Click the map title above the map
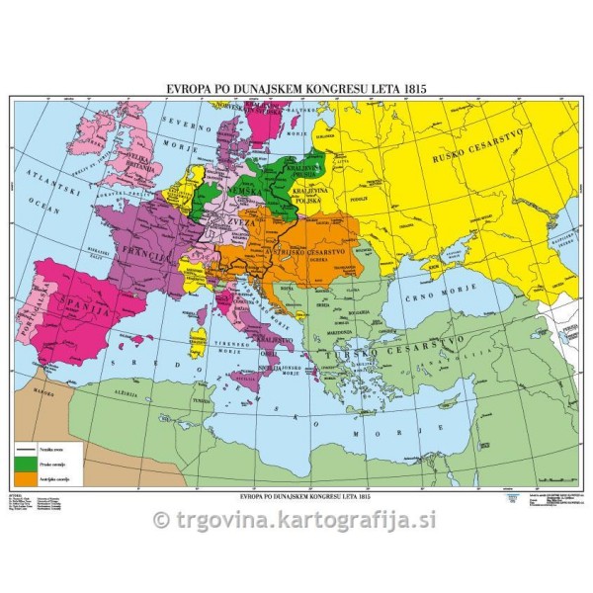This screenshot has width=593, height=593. (296, 87)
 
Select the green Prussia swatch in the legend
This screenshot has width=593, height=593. (29, 462)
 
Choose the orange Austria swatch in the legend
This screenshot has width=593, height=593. (29, 478)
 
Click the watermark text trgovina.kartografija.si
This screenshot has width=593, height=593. (296, 519)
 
